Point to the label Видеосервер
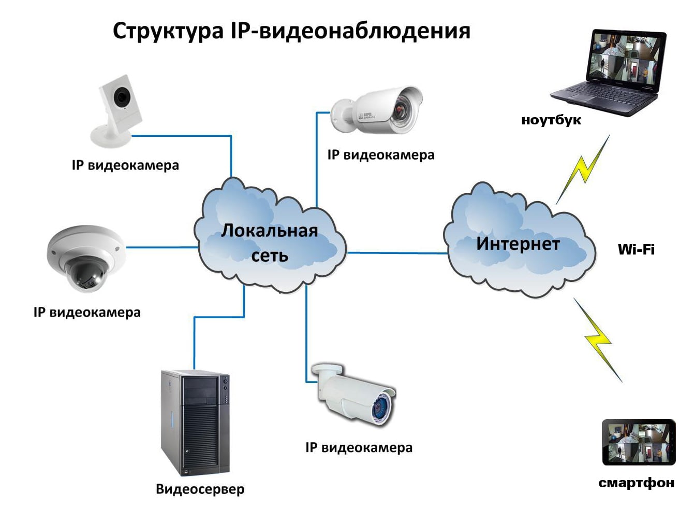tap(200, 489)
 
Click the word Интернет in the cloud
tap(518, 244)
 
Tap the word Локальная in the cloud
tap(269, 231)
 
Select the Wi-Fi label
tap(636, 250)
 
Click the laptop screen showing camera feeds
tap(625, 58)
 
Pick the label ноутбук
tap(551, 120)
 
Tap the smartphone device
tap(639, 442)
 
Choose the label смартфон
tap(636, 483)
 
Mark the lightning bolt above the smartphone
tap(598, 340)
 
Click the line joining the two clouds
tap(396, 253)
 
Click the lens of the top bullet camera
tap(402, 110)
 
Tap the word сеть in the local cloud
tap(269, 256)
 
